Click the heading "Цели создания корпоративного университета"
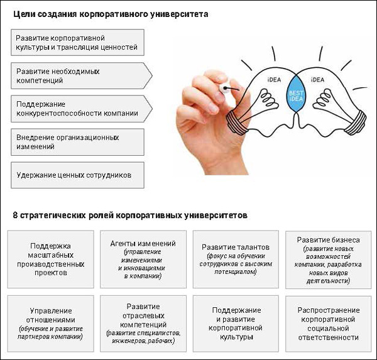[111, 14]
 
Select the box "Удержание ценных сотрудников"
[77, 175]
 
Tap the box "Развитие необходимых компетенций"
[81, 75]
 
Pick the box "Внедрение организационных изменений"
[77, 142]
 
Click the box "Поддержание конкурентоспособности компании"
[81, 109]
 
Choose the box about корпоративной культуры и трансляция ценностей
[77, 42]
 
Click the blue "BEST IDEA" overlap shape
[296, 94]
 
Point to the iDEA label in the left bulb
[274, 80]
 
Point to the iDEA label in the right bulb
[317, 80]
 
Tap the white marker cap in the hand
[224, 87]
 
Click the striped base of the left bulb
[236, 123]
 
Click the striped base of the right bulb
[356, 123]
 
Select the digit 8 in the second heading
[15, 215]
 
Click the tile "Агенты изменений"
[143, 259]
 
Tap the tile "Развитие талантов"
[236, 259]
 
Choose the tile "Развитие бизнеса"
[329, 259]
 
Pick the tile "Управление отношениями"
[50, 324]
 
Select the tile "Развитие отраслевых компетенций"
[143, 324]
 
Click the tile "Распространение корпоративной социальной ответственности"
[329, 324]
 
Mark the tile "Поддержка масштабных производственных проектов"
[50, 259]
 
